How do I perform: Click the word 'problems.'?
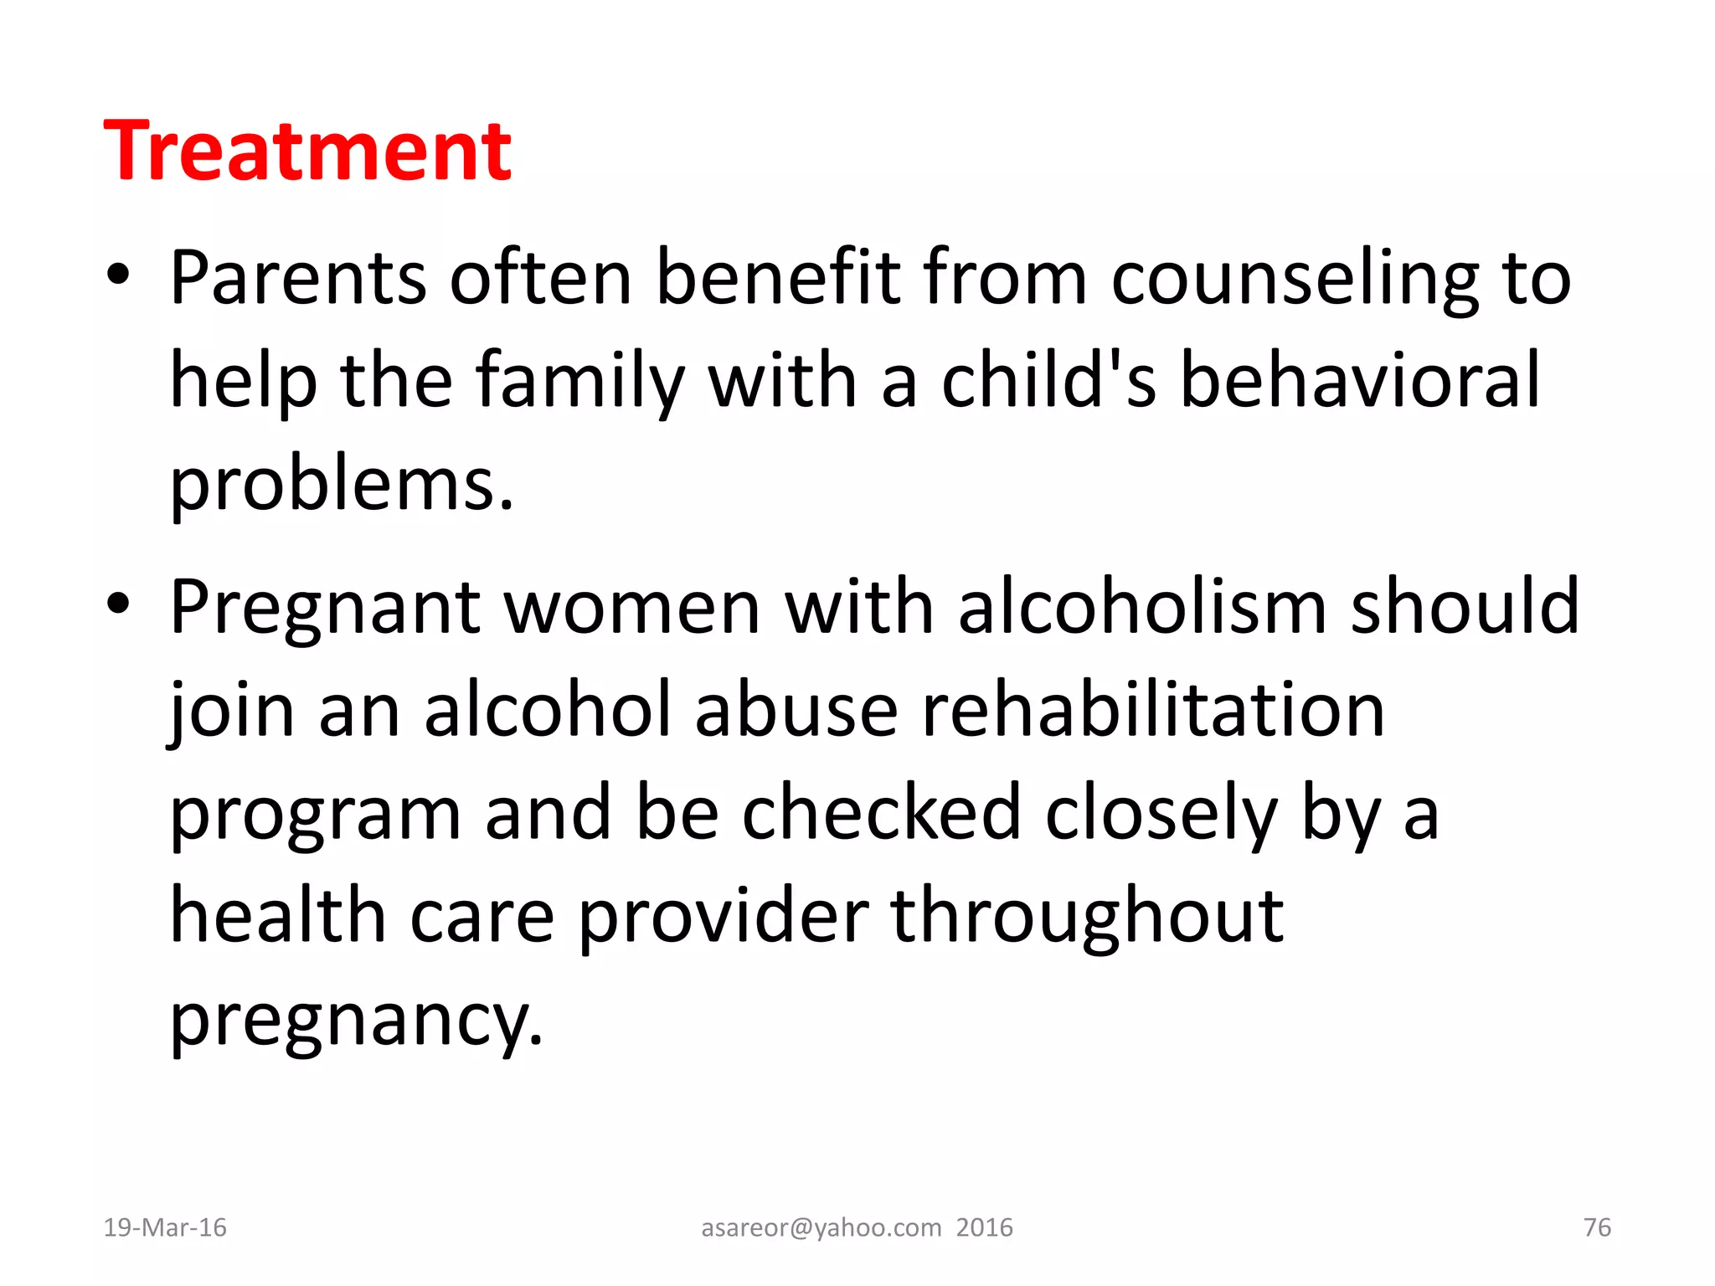[x=341, y=486]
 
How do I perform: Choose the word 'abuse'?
[x=796, y=709]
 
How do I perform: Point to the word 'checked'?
[x=881, y=811]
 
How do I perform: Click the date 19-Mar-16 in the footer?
[x=165, y=1227]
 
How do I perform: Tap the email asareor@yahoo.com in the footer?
[x=821, y=1227]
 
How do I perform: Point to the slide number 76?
[x=1597, y=1227]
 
